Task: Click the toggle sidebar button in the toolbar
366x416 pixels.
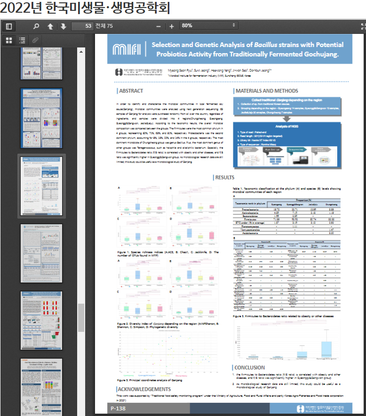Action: click(9, 26)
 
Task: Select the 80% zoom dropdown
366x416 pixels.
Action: click(208, 25)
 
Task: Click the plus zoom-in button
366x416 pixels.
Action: click(172, 26)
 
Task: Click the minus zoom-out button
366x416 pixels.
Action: click(159, 26)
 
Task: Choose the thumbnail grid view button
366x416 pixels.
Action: click(8, 40)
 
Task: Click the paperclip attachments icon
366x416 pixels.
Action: click(35, 40)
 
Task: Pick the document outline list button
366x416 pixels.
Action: click(22, 40)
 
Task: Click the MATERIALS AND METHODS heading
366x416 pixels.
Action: click(267, 91)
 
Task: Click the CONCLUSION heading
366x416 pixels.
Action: click(249, 367)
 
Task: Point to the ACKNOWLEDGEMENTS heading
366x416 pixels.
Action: click(144, 389)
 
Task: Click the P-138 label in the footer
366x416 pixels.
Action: click(118, 409)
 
